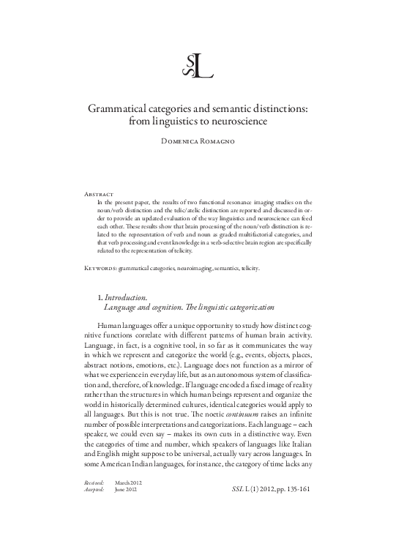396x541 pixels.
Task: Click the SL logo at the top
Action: click(x=198, y=66)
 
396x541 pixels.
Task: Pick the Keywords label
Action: click(x=101, y=269)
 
